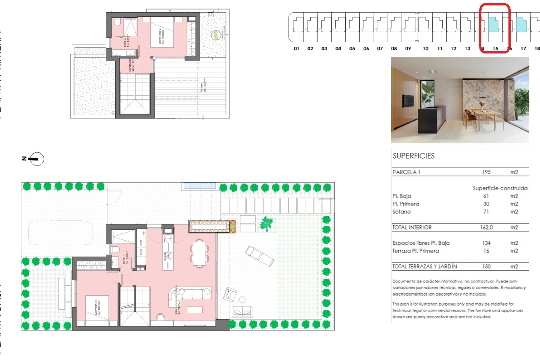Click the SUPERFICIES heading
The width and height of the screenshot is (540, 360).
pos(413,156)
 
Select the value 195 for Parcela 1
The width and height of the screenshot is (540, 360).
pos(486,172)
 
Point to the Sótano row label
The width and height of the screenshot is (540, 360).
pos(401,212)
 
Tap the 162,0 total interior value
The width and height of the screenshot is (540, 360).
pos(486,227)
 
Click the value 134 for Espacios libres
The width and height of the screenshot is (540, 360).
pos(486,243)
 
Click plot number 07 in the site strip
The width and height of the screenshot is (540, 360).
pos(380,49)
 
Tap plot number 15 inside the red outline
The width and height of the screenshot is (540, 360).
pos(495,49)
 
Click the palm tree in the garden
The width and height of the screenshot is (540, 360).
pos(266,224)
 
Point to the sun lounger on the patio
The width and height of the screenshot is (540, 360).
pos(259,256)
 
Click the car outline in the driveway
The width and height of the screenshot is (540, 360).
pos(60,232)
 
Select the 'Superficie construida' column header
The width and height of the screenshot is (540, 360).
pos(500,188)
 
